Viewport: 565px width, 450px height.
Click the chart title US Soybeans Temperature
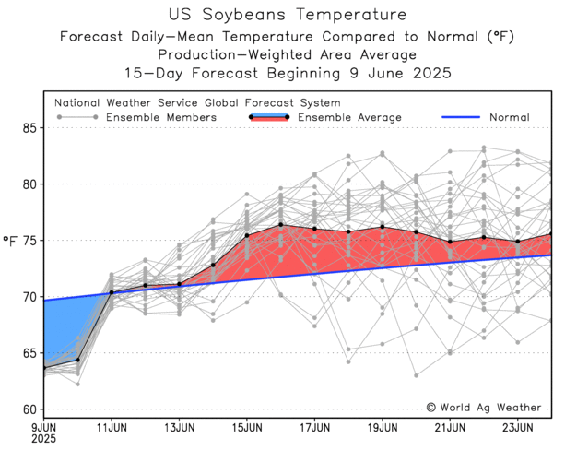pos(288,15)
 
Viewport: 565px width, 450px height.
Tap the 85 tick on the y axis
pos(30,128)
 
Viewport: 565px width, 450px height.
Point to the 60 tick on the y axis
pos(30,409)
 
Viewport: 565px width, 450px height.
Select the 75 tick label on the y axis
pos(30,241)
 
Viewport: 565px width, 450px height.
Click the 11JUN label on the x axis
pos(112,428)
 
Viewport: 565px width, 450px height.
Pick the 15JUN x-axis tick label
pos(247,428)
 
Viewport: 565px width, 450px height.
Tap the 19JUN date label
pos(383,428)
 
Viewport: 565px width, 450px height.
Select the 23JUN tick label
pos(517,428)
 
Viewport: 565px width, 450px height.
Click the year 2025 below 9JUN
pos(43,440)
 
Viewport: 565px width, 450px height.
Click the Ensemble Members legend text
pos(161,117)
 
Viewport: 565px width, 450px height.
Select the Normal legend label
pos(509,117)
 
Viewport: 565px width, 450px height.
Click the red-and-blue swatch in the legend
pos(269,117)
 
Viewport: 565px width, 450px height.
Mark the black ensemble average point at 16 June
pos(280,225)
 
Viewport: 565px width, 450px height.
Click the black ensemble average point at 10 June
pos(77,360)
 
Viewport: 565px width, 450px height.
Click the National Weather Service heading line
pos(197,103)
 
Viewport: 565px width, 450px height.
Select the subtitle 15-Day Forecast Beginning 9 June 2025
pos(288,73)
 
